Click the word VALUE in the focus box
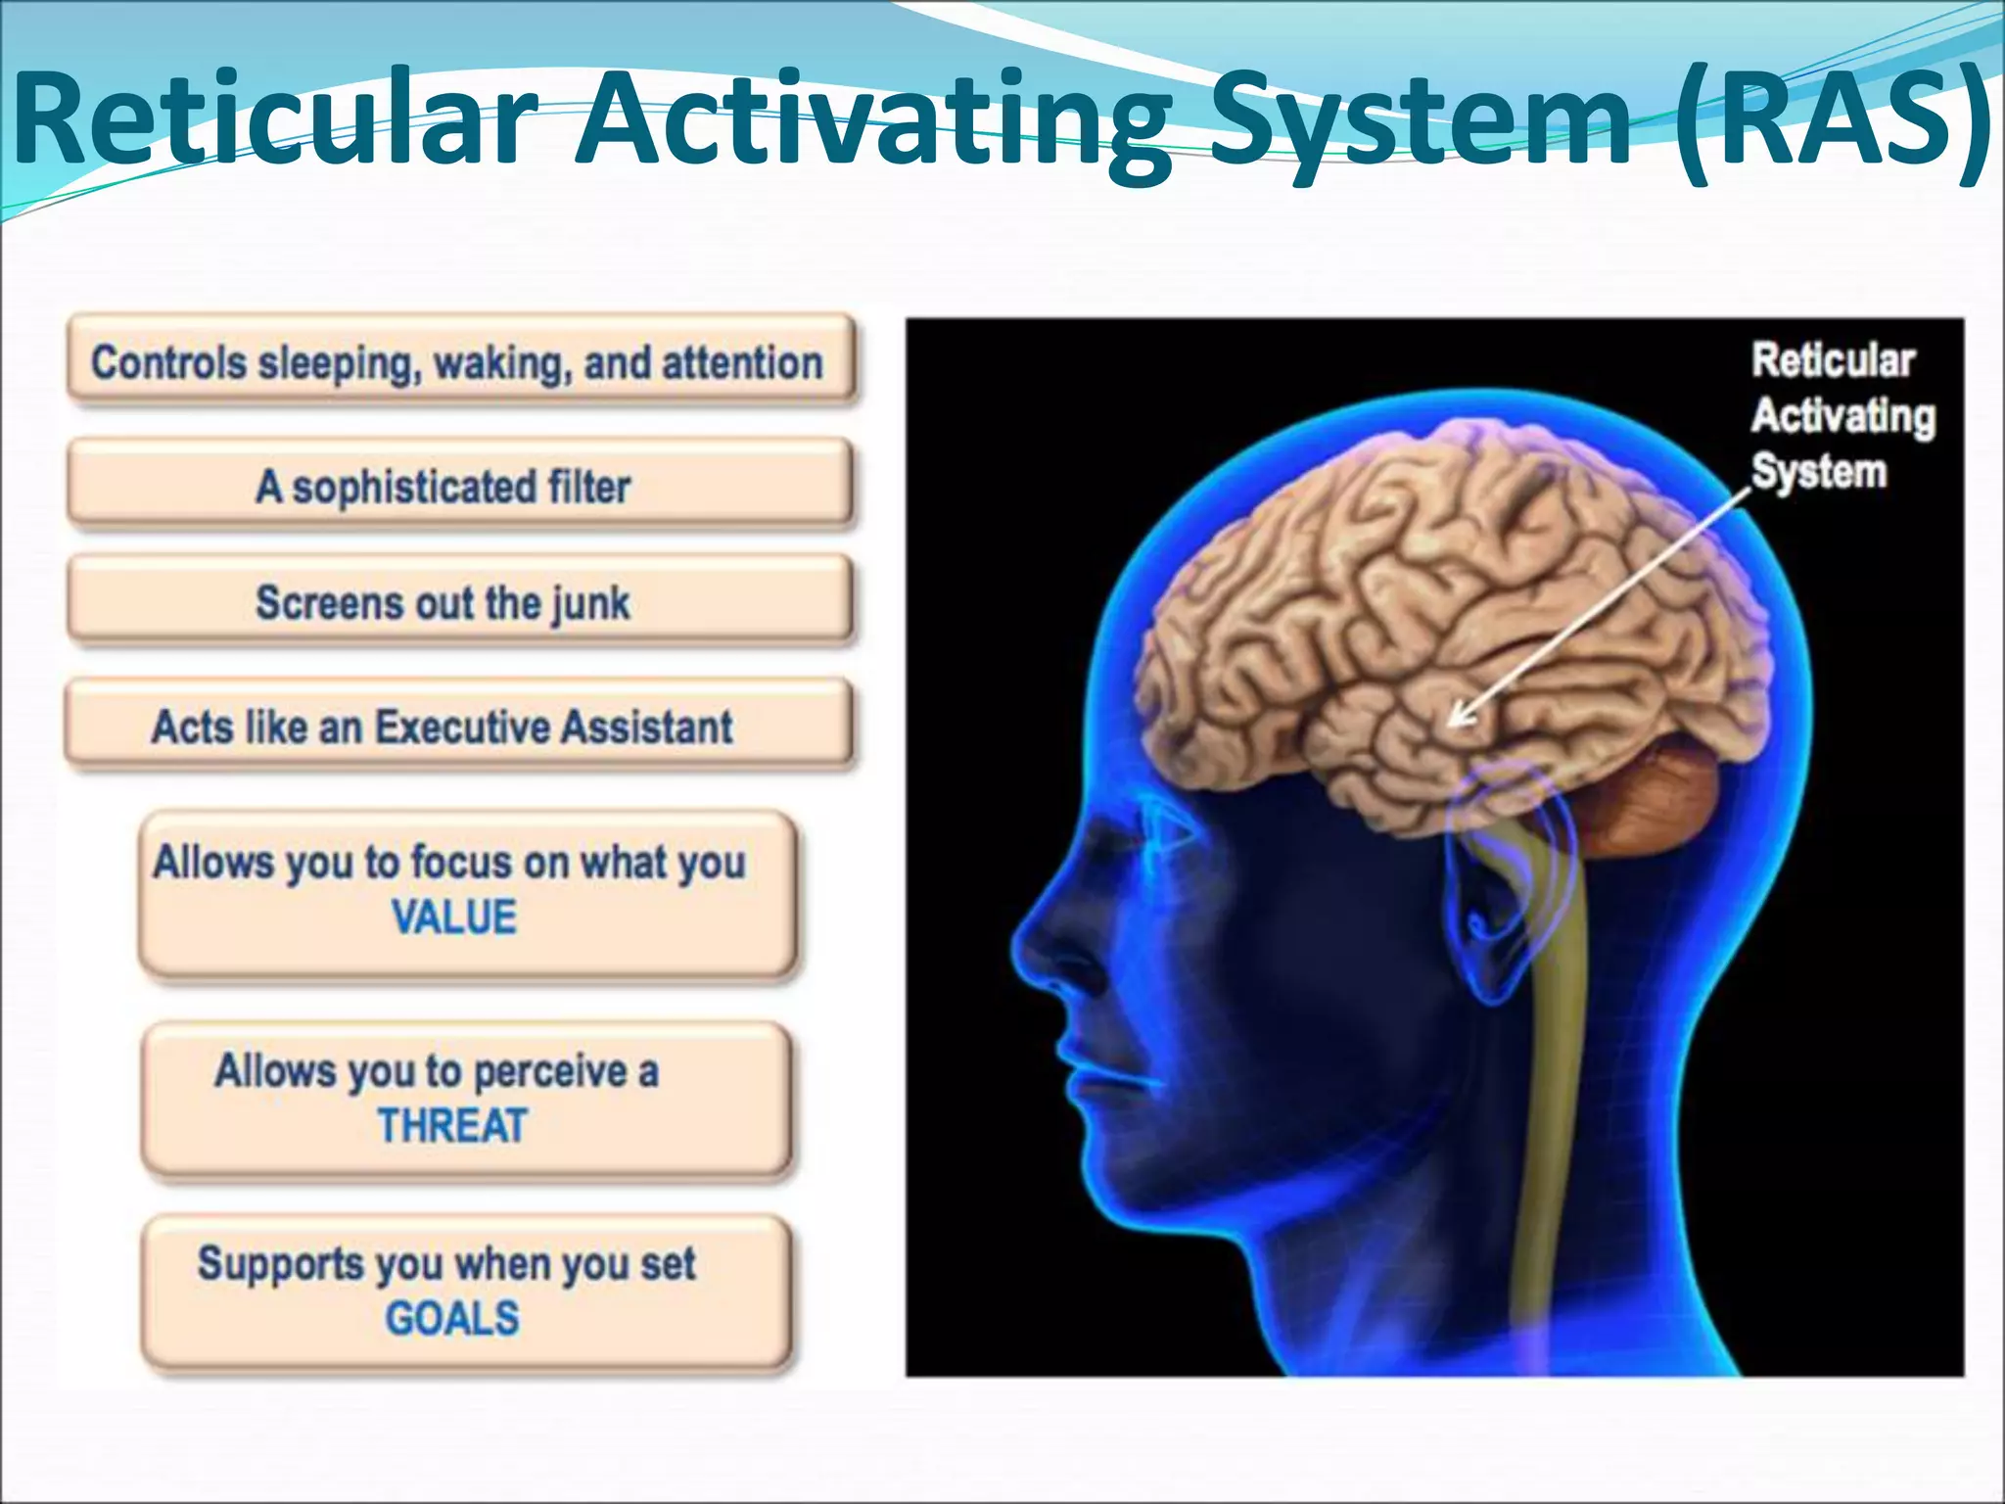(454, 918)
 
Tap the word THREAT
(453, 1126)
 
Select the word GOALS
(452, 1319)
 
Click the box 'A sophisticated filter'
(460, 486)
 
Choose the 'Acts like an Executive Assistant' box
(458, 727)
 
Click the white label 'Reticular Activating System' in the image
(1841, 415)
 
